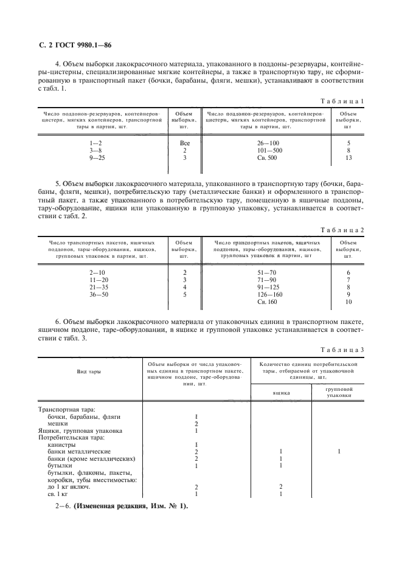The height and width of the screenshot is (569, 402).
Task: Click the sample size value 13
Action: pos(348,157)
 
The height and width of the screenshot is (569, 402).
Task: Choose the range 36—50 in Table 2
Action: pos(98,294)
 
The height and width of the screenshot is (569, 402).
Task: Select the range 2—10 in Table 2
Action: pos(98,272)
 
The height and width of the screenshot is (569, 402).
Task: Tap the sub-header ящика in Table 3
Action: pos(280,393)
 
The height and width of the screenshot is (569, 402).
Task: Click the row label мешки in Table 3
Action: pos(58,423)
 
